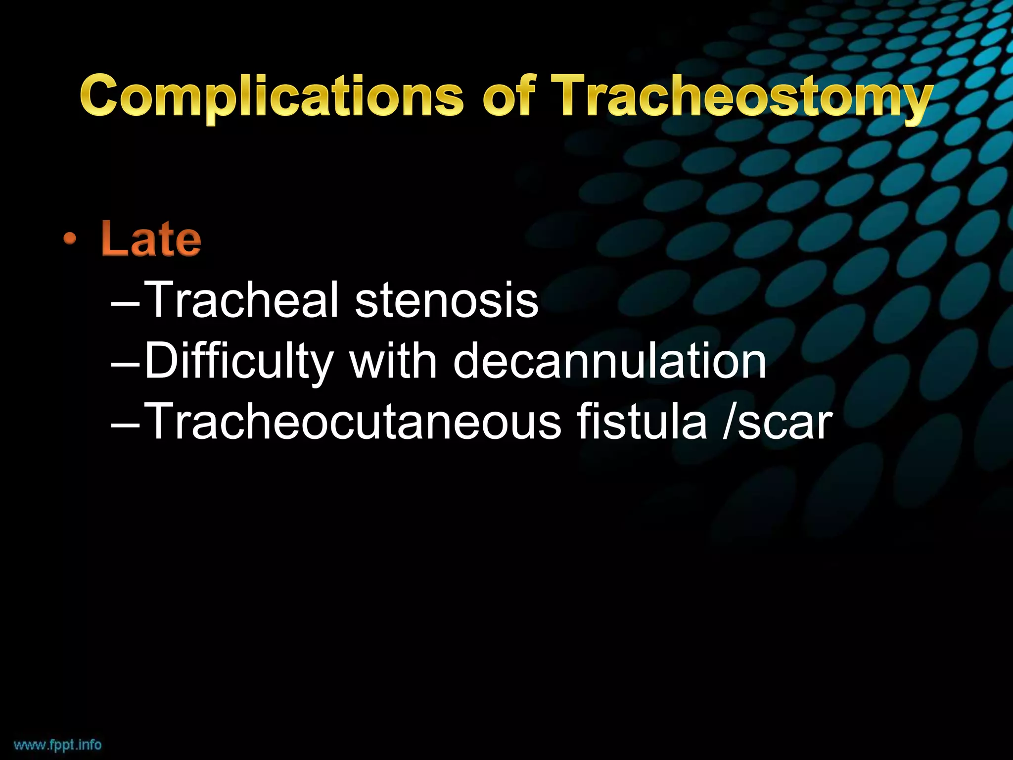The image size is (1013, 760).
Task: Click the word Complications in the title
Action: click(x=272, y=96)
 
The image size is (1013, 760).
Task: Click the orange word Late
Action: click(x=151, y=239)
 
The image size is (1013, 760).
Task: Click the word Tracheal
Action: click(x=243, y=300)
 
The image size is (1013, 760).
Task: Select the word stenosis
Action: click(x=446, y=301)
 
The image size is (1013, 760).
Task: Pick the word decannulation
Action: click(x=610, y=361)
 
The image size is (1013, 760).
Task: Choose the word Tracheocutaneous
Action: click(x=353, y=422)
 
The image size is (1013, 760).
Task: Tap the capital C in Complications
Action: click(x=102, y=95)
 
